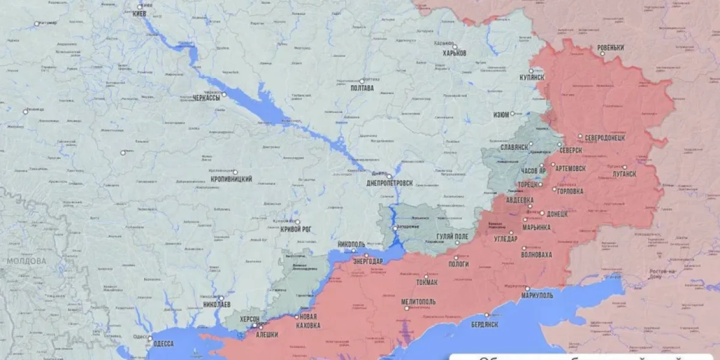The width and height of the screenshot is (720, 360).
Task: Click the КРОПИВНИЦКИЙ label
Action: tap(230, 179)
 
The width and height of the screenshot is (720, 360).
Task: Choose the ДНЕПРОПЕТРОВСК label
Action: tap(389, 183)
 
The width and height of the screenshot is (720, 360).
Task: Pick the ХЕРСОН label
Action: tap(249, 319)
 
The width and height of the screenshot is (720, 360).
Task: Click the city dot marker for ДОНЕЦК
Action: tap(542, 213)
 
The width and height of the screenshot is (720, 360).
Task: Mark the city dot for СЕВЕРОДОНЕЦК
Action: tap(580, 136)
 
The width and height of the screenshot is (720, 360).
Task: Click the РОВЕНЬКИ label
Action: tap(610, 48)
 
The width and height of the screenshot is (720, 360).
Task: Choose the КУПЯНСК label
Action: tap(532, 77)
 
